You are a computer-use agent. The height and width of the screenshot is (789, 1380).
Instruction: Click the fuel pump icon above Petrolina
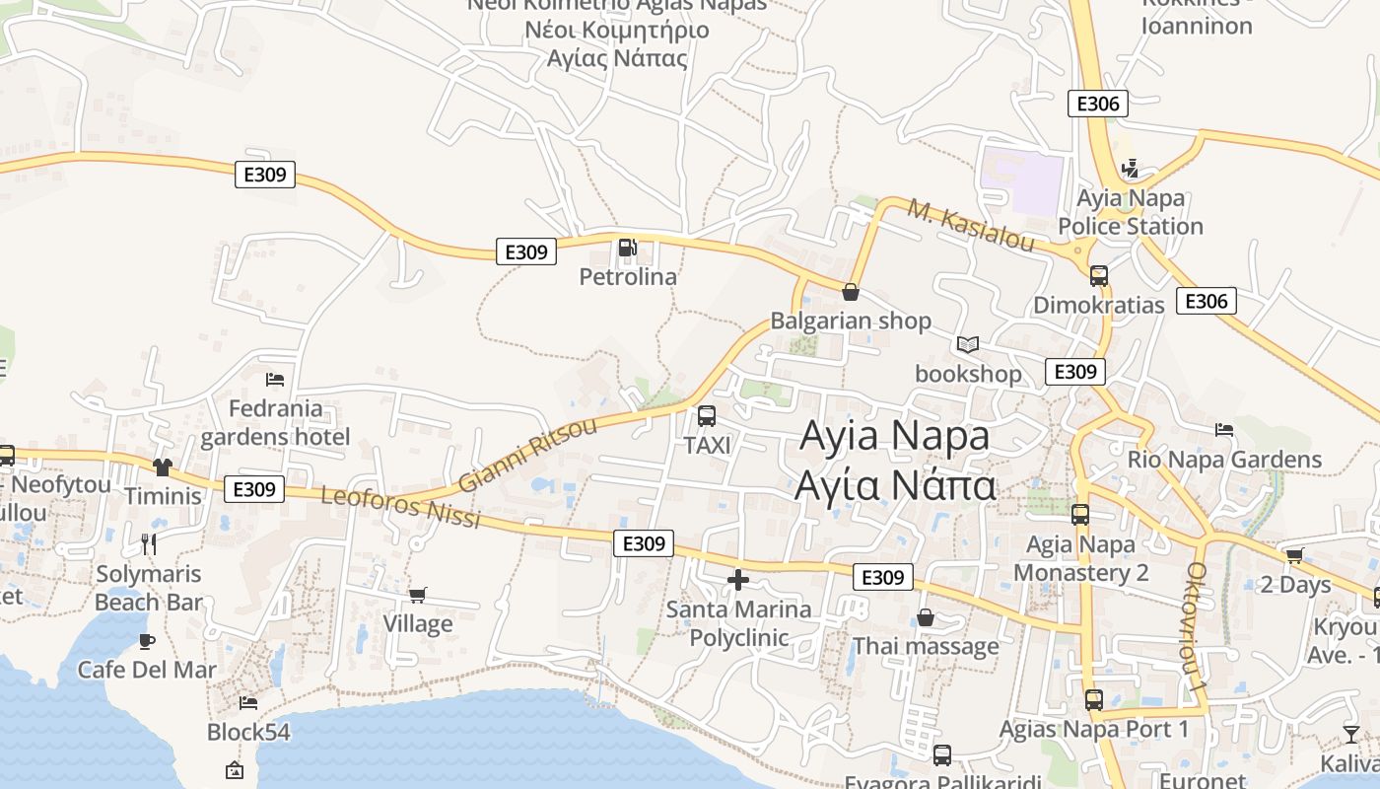[627, 248]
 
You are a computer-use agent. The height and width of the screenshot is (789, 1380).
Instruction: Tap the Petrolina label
[628, 277]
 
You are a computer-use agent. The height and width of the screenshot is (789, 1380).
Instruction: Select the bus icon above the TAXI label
[707, 416]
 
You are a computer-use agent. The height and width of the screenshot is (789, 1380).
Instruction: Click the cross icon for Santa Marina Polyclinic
[738, 580]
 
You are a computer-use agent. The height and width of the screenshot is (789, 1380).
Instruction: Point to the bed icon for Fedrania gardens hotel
[275, 380]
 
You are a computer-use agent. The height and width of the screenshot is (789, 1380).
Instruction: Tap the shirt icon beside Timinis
[163, 466]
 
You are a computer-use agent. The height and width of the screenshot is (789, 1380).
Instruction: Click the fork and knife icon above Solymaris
[149, 543]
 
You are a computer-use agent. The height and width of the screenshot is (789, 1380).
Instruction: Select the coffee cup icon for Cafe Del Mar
[147, 641]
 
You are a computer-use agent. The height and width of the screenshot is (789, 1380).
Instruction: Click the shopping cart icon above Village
[418, 595]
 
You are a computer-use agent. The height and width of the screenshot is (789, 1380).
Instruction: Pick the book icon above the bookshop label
[968, 345]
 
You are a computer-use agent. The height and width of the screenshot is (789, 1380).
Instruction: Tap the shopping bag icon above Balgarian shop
[851, 292]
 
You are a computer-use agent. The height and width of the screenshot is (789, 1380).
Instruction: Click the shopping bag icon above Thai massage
[926, 618]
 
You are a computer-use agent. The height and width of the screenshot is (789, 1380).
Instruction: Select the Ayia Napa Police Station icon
[1131, 169]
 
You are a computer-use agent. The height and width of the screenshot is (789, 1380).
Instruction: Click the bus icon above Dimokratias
[1099, 276]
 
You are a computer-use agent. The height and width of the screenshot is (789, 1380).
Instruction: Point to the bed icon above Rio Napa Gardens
[1224, 430]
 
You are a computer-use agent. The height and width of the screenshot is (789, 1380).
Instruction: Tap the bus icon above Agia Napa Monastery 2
[1080, 515]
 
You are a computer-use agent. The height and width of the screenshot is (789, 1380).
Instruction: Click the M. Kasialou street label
[971, 226]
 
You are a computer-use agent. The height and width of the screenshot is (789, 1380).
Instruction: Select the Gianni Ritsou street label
[528, 455]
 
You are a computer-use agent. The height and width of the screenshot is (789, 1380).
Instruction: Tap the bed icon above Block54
[248, 702]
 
